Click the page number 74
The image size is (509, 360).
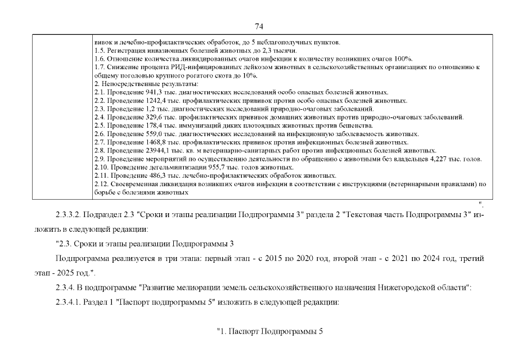[x=259, y=26]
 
